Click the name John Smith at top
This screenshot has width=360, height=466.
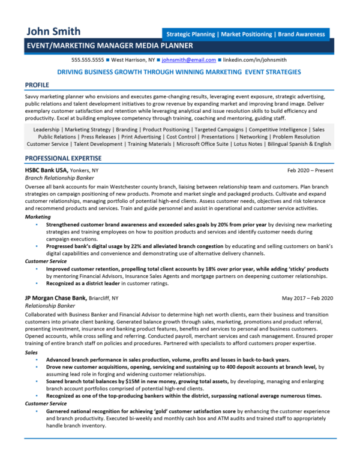(x=52, y=32)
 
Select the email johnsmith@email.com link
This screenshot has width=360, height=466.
(x=188, y=61)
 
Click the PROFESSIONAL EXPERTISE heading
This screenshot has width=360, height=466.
(x=63, y=158)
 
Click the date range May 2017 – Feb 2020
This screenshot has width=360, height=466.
(x=307, y=297)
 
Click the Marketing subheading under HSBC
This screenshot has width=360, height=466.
(x=38, y=216)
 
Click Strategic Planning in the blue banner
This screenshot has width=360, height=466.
(x=190, y=35)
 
